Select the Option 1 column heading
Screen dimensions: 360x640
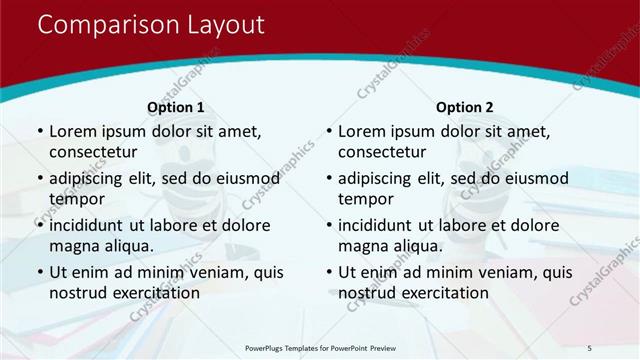click(x=176, y=106)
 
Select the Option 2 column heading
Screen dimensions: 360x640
click(x=465, y=106)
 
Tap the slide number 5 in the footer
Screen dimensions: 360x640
click(x=590, y=347)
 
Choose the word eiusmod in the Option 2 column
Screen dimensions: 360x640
click(x=534, y=178)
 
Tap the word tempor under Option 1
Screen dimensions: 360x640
click(x=75, y=199)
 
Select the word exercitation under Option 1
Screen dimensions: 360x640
click(x=155, y=293)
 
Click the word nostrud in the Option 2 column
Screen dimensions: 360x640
click(x=367, y=293)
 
